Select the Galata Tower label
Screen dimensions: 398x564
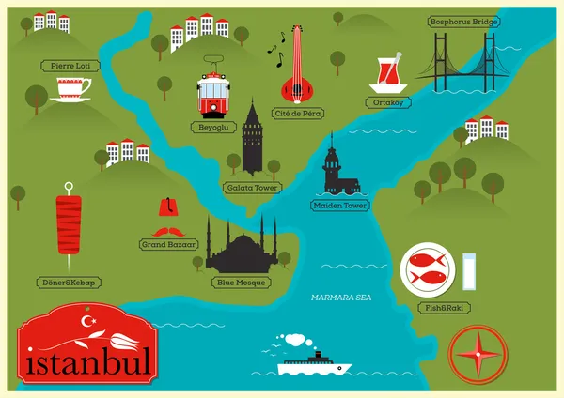(253, 187)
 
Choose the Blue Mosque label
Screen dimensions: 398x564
(243, 282)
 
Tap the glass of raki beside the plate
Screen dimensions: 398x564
(472, 271)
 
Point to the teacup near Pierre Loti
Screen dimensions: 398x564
(71, 89)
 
